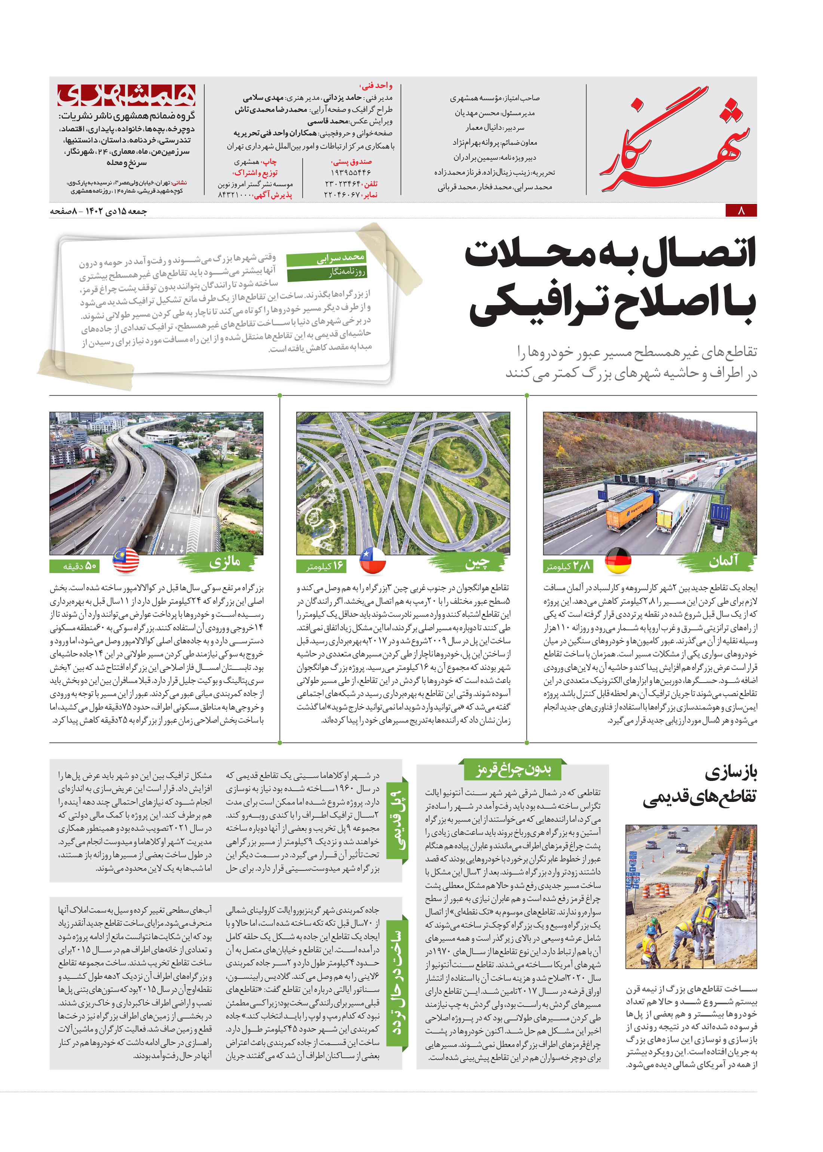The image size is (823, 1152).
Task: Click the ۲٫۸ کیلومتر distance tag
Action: click(x=567, y=566)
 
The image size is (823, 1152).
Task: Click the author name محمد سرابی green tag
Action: click(x=327, y=259)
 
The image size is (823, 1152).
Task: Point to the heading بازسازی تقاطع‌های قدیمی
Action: click(x=702, y=785)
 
